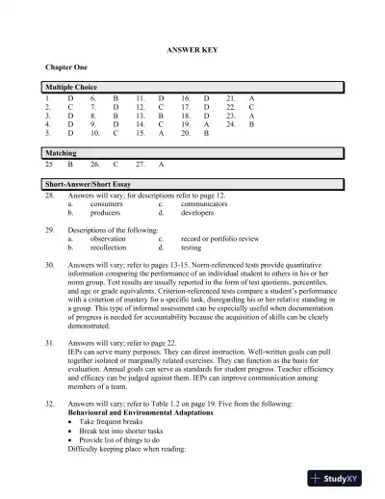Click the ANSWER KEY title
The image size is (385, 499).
pos(192,47)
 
